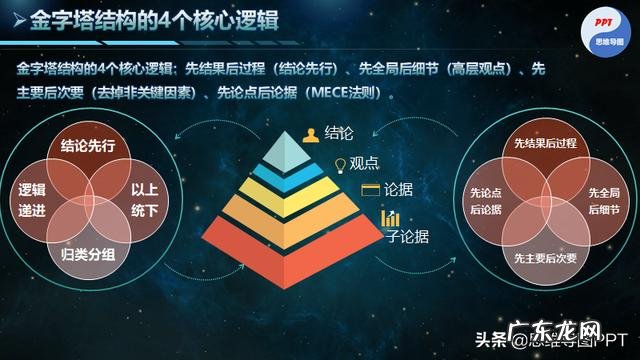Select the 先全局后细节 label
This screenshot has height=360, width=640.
[602, 200]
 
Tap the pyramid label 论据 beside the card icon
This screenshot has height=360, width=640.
[400, 190]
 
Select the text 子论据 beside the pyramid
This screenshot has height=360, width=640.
[407, 236]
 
